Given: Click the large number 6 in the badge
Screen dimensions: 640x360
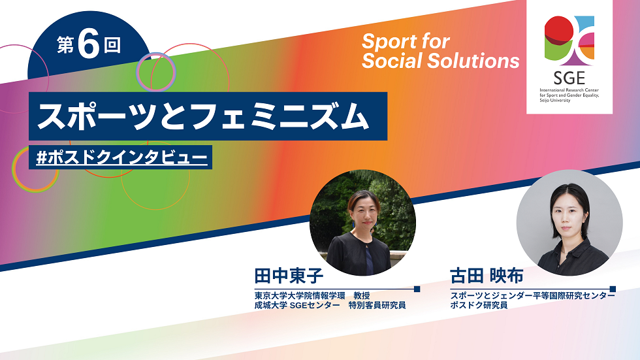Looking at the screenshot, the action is point(88,44).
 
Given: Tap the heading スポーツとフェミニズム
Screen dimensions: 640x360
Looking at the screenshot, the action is point(203,116).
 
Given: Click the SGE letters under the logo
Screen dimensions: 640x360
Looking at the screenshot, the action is point(569,77).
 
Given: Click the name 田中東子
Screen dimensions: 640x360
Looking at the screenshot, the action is point(289,276).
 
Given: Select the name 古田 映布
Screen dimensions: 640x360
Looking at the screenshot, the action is point(486,276).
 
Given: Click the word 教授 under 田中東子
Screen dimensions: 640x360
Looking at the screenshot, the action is point(362,295).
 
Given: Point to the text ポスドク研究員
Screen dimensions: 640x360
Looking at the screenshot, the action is point(479,305).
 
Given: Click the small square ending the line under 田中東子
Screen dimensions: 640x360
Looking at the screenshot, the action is point(417,289).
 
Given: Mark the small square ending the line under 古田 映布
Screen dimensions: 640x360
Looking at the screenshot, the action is point(613,289).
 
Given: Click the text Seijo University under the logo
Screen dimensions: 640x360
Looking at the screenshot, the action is point(554,101).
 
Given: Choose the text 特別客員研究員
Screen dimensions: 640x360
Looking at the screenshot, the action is point(377,305).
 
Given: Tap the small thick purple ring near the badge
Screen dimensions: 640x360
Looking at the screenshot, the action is point(155,72).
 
